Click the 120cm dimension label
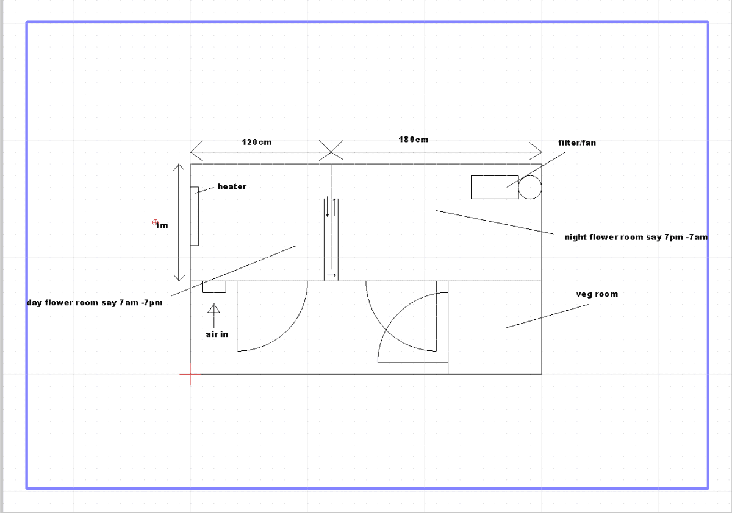(257, 143)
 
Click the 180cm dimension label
(414, 140)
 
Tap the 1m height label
(162, 225)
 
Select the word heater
(232, 186)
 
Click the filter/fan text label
(577, 143)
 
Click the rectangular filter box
(495, 187)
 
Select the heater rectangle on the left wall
(195, 216)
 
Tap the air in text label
(217, 334)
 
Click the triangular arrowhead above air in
(213, 309)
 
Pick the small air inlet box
(214, 287)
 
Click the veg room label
(597, 294)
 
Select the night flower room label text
(636, 237)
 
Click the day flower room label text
(95, 303)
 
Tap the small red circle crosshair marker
(155, 222)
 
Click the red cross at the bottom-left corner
(190, 374)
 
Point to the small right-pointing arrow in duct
(331, 275)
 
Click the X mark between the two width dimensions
(331, 152)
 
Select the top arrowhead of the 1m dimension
(179, 167)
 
